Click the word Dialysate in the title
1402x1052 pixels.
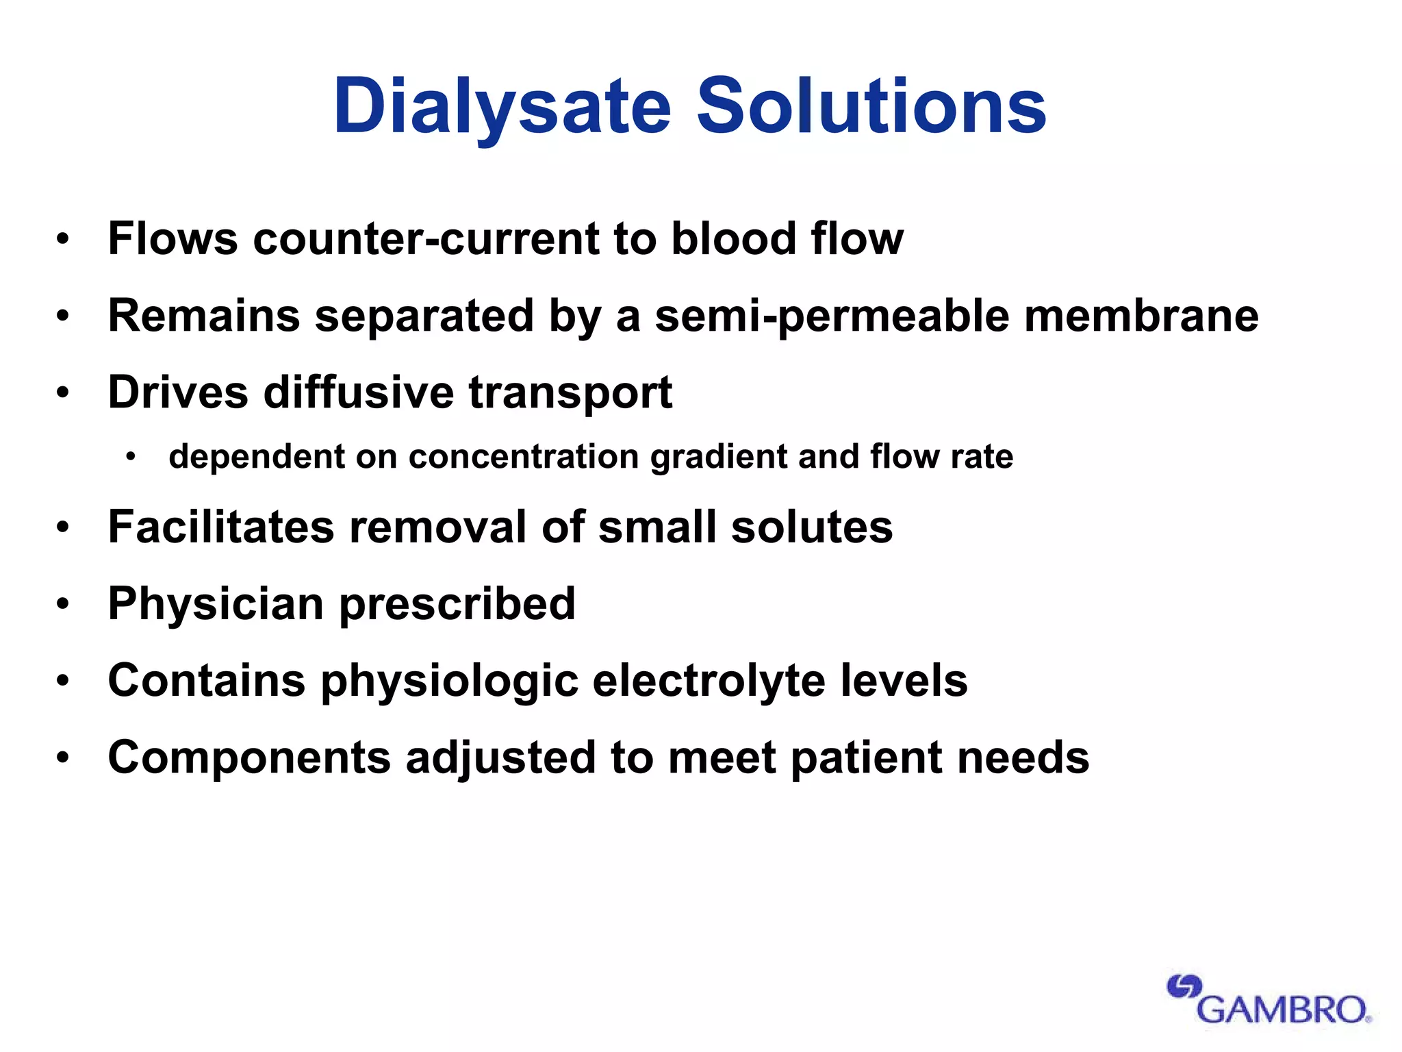(502, 107)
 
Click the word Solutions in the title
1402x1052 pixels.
(871, 107)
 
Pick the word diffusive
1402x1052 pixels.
(359, 392)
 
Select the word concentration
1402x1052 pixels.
(524, 457)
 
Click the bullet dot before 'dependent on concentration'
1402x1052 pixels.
(131, 457)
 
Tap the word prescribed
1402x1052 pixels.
(457, 605)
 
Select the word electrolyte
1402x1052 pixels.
(709, 681)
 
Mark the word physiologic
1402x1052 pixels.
(450, 682)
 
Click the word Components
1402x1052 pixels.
(249, 759)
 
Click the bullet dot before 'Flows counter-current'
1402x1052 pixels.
(63, 239)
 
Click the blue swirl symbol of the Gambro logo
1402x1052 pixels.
(1184, 987)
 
